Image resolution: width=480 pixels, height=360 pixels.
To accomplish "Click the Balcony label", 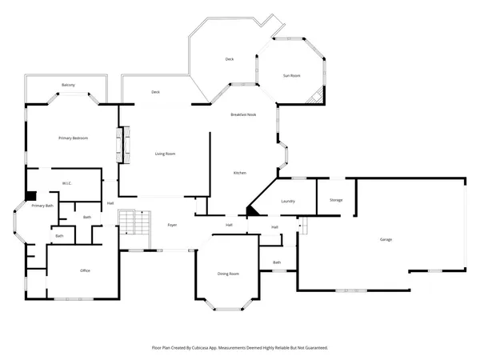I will pyautogui.click(x=69, y=85).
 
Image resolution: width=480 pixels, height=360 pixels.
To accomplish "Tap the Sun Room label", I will pyautogui.click(x=291, y=75).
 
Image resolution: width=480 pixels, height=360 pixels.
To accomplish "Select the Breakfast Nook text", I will pyautogui.click(x=243, y=115).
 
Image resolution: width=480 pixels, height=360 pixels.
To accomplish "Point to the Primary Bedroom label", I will pyautogui.click(x=73, y=138).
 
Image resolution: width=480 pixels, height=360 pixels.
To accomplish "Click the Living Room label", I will pyautogui.click(x=165, y=154).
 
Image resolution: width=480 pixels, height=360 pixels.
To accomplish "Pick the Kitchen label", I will pyautogui.click(x=239, y=174).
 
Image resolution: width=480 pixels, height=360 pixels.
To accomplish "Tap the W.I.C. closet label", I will pyautogui.click(x=67, y=183).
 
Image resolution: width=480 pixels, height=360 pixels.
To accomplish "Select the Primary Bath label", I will pyautogui.click(x=42, y=206).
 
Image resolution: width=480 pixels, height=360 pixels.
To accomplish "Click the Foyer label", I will pyautogui.click(x=172, y=226).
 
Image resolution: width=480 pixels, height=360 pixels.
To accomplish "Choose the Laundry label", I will pyautogui.click(x=288, y=202).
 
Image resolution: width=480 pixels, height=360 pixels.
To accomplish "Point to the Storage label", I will pyautogui.click(x=336, y=199).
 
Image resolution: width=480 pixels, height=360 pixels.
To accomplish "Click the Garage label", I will pyautogui.click(x=386, y=239).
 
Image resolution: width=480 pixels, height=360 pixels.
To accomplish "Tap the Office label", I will pyautogui.click(x=85, y=270).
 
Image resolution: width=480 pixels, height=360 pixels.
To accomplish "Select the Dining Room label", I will pyautogui.click(x=228, y=274).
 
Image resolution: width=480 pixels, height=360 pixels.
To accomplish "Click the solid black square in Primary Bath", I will pyautogui.click(x=31, y=194).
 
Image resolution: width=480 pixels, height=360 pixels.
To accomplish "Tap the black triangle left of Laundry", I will pyautogui.click(x=250, y=210).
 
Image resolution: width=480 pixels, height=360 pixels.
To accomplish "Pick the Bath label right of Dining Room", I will pyautogui.click(x=277, y=262).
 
